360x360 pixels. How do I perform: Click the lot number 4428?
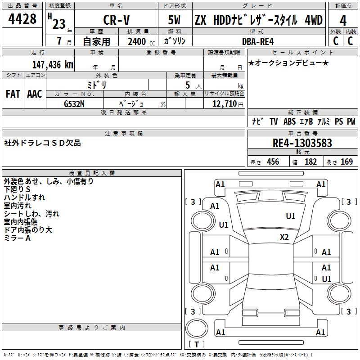22,19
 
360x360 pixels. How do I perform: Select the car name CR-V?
117,20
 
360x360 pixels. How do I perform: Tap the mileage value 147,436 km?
53,65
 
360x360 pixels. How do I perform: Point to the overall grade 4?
343,21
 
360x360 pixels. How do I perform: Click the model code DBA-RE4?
258,41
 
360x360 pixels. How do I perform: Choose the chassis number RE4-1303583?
302,143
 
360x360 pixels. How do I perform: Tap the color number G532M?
74,104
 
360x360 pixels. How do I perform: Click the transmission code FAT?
13,94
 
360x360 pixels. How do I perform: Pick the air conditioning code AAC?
35,94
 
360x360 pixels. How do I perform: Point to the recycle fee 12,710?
225,104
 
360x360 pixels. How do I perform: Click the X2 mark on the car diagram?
284,237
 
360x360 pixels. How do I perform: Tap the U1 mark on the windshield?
290,216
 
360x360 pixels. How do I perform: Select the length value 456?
273,162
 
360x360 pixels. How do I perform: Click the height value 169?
346,162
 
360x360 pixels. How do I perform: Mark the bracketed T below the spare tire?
197,344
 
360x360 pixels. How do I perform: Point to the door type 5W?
174,20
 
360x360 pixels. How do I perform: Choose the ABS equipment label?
289,121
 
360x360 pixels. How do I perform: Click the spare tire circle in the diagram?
197,328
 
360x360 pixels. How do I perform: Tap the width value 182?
310,162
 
